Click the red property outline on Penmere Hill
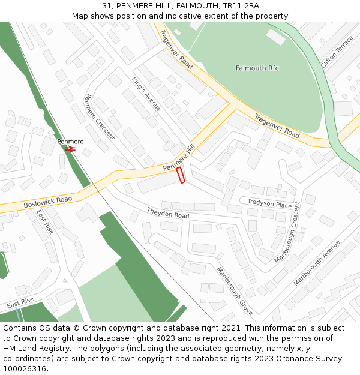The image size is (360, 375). pos(180,175)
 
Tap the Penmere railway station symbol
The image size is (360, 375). pos(70,148)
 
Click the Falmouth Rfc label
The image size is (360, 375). pos(257,68)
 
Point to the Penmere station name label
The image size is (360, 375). pos(70,142)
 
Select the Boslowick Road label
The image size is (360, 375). pos(48,202)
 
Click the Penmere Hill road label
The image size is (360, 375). pos(179,158)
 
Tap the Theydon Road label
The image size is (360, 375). pos(168,212)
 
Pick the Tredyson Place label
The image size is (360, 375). pos(269,204)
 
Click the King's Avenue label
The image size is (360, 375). pos(146,94)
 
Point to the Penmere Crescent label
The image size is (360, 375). pos(100,117)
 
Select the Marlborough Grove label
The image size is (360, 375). pos(235,291)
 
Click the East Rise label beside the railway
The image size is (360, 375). pos(45,222)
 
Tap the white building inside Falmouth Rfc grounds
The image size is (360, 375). pos(275,37)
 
